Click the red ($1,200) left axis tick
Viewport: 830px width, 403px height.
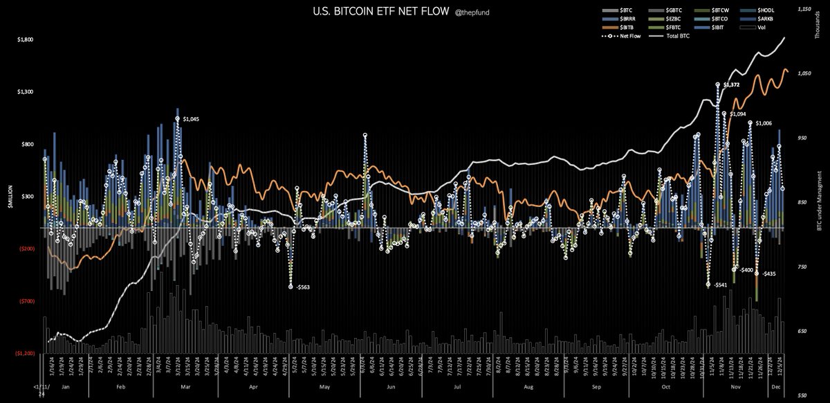(26, 352)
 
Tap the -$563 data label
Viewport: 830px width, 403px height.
(304, 287)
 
